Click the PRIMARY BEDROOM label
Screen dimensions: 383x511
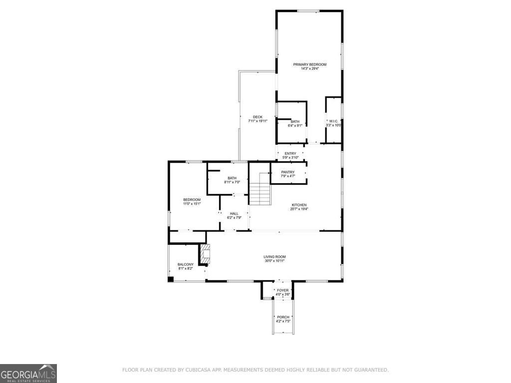309,64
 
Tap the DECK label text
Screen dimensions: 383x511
257,117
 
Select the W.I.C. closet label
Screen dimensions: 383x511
333,121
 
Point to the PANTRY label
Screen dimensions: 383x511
288,172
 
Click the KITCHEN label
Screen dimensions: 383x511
299,205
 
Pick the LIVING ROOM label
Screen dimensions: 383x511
274,257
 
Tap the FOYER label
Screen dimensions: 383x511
283,290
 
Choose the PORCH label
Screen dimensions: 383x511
283,317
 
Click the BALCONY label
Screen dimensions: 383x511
185,264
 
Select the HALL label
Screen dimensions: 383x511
234,213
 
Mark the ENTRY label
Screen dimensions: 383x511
290,154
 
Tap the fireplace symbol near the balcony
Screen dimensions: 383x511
205,254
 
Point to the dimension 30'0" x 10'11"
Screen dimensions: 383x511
274,261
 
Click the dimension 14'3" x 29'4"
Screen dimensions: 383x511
309,69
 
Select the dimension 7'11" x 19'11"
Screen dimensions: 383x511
257,121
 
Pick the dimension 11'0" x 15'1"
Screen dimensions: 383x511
192,203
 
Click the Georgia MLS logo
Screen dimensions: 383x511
28,373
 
